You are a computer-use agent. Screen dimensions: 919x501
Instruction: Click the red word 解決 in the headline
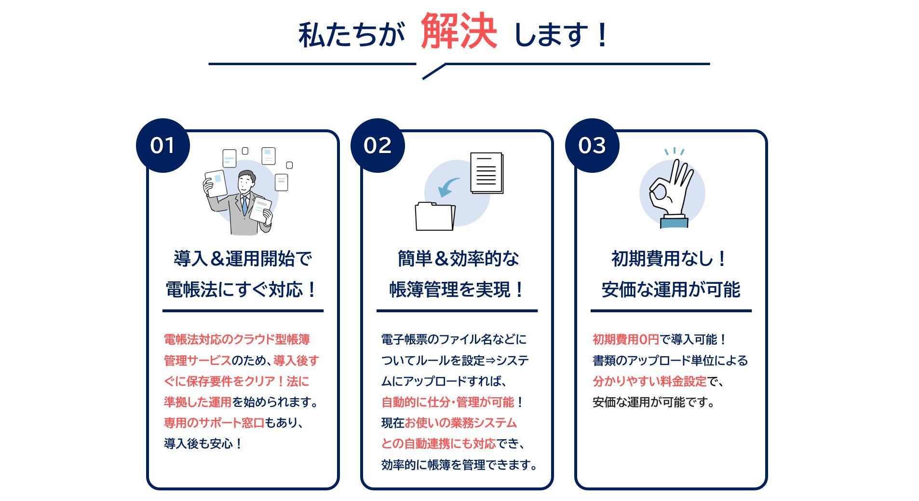point(459,31)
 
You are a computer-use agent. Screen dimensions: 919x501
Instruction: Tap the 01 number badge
point(162,145)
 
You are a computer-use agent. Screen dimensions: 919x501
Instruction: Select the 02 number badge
point(378,145)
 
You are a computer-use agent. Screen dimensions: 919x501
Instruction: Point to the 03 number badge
point(592,145)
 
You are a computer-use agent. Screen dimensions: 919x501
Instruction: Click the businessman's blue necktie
point(245,205)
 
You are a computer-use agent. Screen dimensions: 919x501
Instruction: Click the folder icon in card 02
point(435,216)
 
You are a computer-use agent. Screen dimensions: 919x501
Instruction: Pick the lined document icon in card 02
point(487,173)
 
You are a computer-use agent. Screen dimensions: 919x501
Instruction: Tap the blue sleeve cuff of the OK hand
point(674,222)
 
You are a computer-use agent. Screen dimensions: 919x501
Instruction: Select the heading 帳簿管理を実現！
point(457,290)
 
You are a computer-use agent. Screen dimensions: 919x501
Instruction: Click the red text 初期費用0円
point(625,340)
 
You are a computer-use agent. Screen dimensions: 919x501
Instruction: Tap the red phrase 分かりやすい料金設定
point(649,381)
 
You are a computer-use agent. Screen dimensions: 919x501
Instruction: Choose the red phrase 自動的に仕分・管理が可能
point(447,402)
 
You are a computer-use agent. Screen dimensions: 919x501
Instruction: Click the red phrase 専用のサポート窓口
point(214,423)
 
